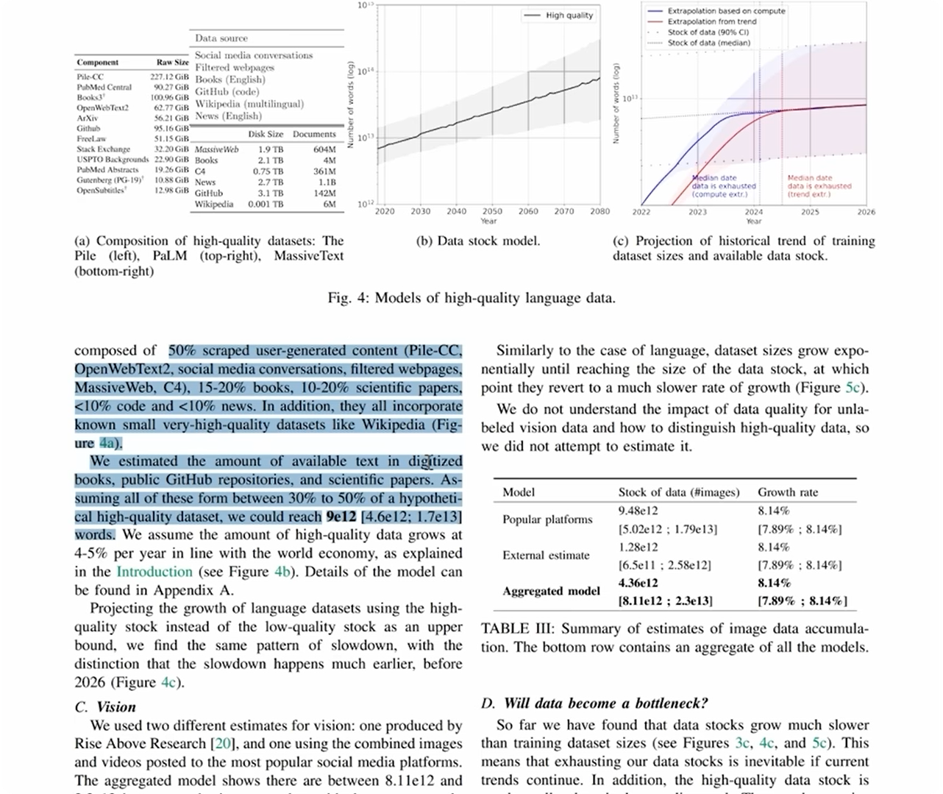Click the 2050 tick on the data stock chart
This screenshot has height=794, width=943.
[x=492, y=211]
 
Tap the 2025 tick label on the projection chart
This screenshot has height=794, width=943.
[x=810, y=212]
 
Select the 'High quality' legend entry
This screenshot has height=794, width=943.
[x=569, y=15]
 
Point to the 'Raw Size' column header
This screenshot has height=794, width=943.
[x=172, y=63]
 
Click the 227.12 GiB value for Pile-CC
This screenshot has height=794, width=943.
[x=170, y=77]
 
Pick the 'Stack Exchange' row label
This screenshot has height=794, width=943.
[x=104, y=149]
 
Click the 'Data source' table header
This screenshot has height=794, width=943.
[x=221, y=38]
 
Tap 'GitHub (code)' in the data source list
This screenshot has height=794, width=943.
[x=227, y=91]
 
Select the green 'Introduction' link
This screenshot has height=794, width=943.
[x=154, y=572]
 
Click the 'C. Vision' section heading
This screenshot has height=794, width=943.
[x=105, y=707]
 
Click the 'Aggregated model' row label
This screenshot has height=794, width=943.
[x=551, y=592]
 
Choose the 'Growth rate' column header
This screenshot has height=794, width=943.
[x=788, y=492]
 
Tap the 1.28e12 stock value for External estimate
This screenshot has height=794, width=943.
[x=638, y=547]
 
